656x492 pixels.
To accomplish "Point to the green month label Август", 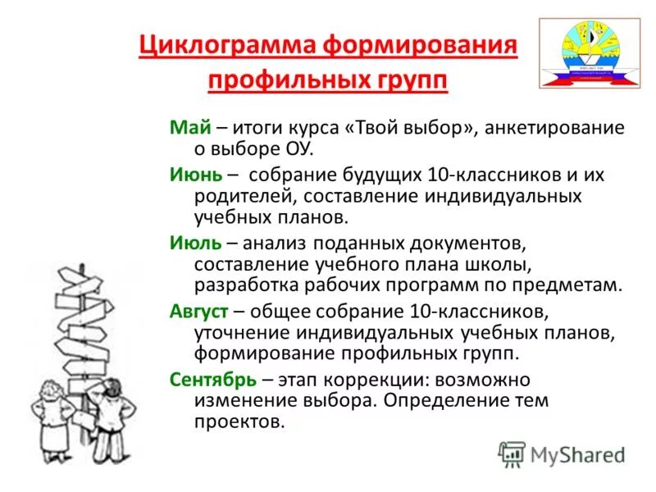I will (x=198, y=312).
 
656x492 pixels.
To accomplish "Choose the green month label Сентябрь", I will (x=213, y=380).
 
